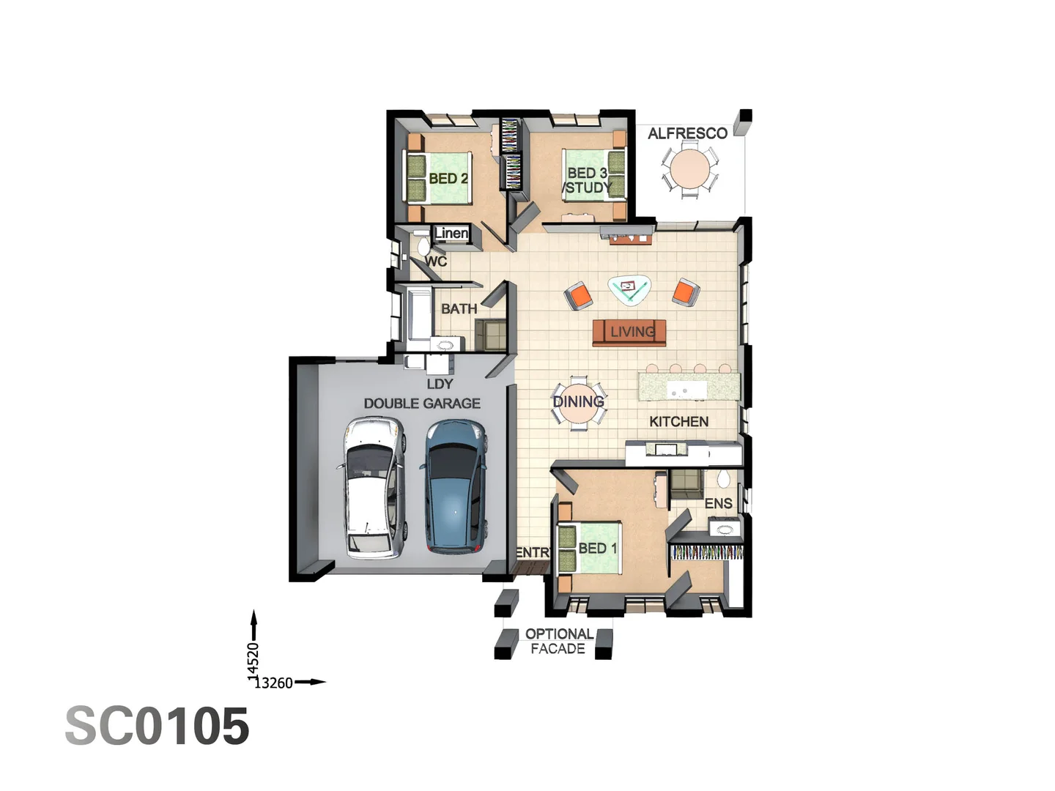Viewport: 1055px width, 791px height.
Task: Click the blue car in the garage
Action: tap(454, 486)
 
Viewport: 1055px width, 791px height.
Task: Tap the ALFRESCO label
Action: tap(687, 133)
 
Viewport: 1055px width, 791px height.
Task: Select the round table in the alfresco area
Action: tap(689, 168)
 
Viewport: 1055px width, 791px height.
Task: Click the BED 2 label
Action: tap(448, 179)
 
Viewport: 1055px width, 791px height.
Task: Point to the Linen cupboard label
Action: tap(451, 234)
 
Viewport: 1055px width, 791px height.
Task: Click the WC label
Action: tap(436, 261)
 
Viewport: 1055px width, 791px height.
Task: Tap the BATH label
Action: tap(459, 309)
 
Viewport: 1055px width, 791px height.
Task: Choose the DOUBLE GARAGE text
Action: tap(422, 404)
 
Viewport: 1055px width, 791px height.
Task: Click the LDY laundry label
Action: tap(440, 384)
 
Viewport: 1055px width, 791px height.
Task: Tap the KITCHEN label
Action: tap(678, 422)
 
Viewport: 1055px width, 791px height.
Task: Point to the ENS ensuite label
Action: tap(718, 504)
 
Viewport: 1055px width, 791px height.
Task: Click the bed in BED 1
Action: tap(590, 548)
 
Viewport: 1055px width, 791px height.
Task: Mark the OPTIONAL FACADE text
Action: tap(558, 642)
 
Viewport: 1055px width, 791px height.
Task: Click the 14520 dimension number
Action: tap(253, 658)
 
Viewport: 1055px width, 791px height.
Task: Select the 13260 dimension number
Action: tap(273, 683)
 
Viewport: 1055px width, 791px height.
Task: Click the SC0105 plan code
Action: tap(158, 727)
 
